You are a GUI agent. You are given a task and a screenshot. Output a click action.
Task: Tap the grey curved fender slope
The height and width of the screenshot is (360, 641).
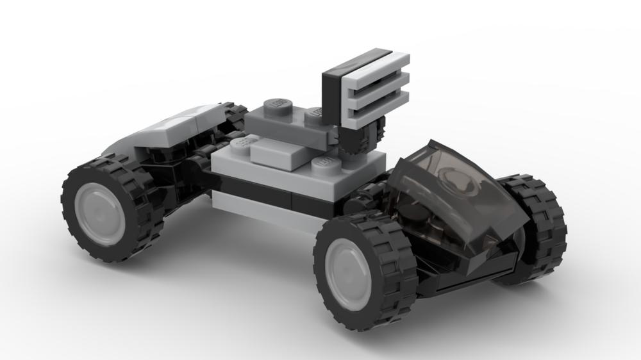pyautogui.click(x=170, y=128)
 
